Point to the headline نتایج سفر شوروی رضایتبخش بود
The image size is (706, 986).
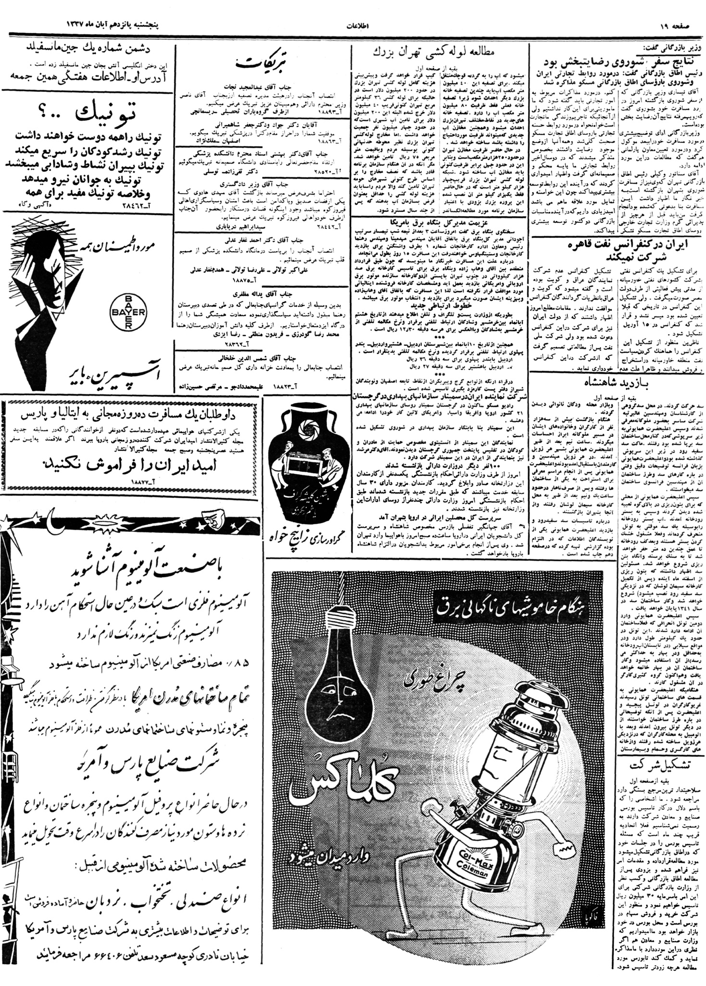pyautogui.click(x=620, y=63)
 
